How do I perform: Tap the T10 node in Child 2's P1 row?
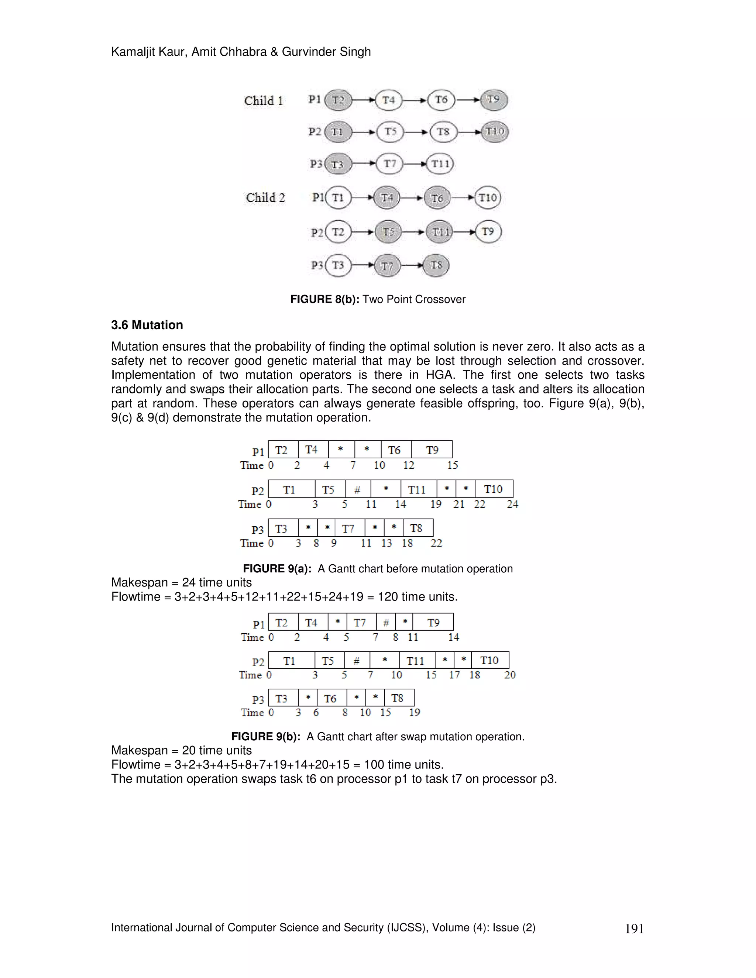(x=487, y=198)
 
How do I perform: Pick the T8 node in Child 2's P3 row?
(x=436, y=266)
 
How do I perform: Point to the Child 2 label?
(x=265, y=198)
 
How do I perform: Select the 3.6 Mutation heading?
(x=147, y=325)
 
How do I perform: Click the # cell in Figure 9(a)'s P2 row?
(x=357, y=489)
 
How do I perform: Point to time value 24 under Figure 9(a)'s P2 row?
(x=512, y=505)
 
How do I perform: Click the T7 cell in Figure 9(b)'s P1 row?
(x=360, y=623)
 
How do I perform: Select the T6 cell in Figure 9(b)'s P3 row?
(x=330, y=699)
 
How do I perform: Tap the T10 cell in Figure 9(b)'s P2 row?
(x=489, y=661)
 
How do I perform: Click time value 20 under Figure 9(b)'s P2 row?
(x=510, y=675)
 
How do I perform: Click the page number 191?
(x=634, y=929)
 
